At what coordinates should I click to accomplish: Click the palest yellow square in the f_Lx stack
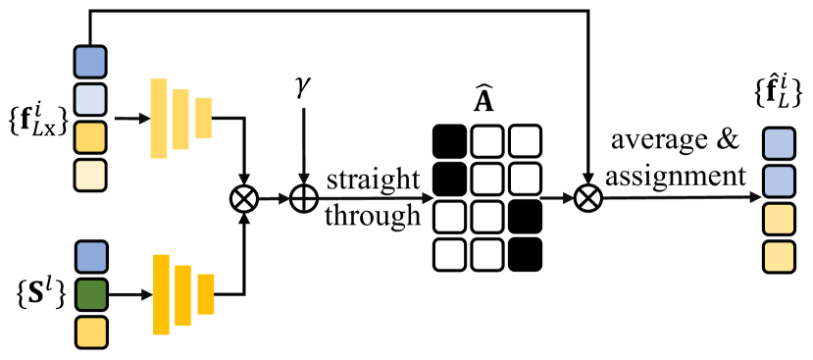90,174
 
